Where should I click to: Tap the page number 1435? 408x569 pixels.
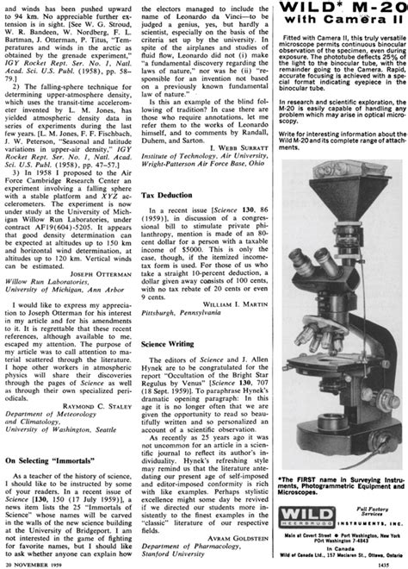coord(394,561)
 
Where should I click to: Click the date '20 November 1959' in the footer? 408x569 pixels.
coord(33,561)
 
